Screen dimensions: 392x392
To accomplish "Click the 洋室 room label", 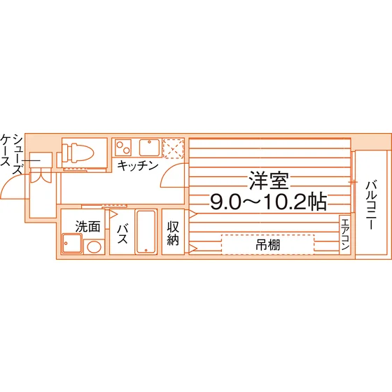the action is [x=269, y=181].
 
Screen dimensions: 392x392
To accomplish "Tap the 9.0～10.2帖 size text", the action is [x=269, y=202].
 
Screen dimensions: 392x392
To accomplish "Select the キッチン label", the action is [x=138, y=165].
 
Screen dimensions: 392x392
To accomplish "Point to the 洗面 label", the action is [x=87, y=227].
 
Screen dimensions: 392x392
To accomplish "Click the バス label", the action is [x=122, y=234].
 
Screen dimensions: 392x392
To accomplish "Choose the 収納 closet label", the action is [x=173, y=233].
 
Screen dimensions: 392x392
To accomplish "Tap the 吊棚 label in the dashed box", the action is [x=267, y=245].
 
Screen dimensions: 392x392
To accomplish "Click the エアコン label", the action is [x=345, y=234].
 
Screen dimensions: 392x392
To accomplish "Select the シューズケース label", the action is [x=12, y=154].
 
